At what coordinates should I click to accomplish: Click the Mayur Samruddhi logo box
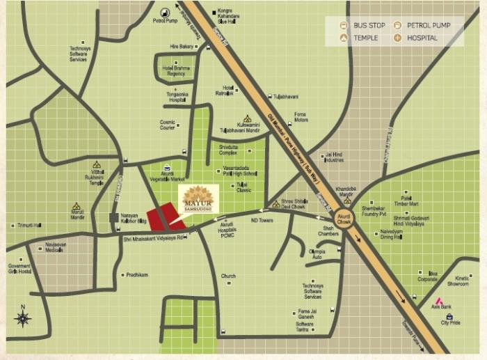(199, 199)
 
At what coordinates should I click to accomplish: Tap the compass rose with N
(23, 318)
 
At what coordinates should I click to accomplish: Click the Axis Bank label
(441, 306)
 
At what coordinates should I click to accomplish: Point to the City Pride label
(450, 323)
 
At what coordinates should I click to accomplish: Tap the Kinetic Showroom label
(457, 281)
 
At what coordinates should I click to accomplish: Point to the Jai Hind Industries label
(334, 157)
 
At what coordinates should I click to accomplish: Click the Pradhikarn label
(137, 275)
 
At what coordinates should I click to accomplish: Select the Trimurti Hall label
(29, 226)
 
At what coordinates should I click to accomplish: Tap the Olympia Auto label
(317, 254)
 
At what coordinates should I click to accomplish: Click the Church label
(228, 276)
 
